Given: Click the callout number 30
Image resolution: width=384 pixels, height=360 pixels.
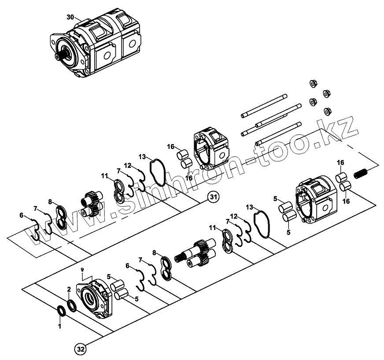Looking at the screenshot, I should (x=71, y=17).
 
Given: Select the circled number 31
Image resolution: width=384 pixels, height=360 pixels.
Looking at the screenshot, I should (x=213, y=197).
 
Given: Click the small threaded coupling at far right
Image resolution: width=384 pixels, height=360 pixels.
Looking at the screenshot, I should (x=360, y=174).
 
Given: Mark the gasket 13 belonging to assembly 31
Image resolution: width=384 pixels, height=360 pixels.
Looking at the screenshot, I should (x=156, y=172).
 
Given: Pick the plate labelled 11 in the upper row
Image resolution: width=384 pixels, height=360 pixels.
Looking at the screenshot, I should (x=119, y=190).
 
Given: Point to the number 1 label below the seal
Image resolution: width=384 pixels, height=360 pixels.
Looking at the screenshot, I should (x=60, y=326).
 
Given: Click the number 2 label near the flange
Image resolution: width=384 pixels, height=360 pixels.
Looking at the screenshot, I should (x=69, y=289).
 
